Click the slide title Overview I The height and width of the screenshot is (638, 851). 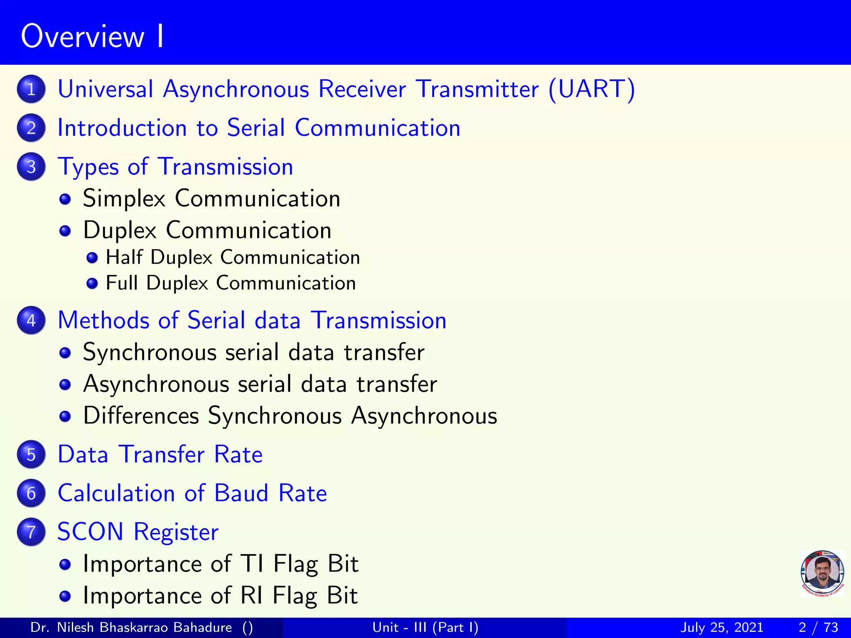tap(92, 37)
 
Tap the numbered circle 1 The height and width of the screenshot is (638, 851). tap(31, 89)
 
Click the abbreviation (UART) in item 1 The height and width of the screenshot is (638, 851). tap(592, 89)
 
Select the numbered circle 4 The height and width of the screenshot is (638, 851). tap(31, 320)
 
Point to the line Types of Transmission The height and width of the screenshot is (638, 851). tap(175, 167)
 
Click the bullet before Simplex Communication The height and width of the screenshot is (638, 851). tap(65, 199)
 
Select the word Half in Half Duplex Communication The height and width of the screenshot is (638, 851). tap(124, 257)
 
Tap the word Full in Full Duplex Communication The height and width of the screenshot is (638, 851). tap(122, 283)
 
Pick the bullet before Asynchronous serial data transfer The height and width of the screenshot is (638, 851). tap(65, 385)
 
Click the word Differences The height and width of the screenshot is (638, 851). tap(141, 415)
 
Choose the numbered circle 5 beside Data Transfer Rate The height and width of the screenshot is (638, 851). tap(31, 454)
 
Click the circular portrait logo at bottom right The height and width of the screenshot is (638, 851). tap(822, 573)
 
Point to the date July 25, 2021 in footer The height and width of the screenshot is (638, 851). tap(722, 627)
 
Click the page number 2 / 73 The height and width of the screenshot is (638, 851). tap(818, 627)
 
